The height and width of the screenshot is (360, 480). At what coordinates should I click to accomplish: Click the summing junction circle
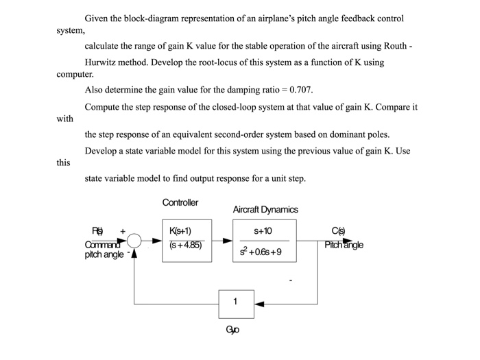tap(134, 241)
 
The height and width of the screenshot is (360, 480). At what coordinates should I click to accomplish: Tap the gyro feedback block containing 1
tap(235, 302)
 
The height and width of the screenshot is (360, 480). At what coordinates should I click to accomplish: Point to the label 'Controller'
tap(180, 202)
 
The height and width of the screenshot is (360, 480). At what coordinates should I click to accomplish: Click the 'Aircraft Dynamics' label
tap(265, 209)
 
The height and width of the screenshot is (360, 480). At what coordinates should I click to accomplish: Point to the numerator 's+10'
tap(263, 231)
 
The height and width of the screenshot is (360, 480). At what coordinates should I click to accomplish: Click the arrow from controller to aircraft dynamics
tap(222, 241)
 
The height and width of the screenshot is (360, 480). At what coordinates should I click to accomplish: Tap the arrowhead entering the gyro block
tap(258, 302)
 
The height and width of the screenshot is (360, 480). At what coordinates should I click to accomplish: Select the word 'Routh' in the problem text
tap(394, 46)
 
